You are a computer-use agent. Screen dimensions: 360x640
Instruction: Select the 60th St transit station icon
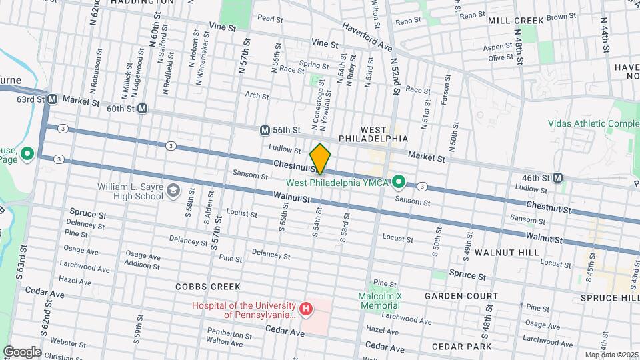(143, 108)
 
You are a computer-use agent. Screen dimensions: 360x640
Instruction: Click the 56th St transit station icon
(265, 129)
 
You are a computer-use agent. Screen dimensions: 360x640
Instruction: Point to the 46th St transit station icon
(558, 177)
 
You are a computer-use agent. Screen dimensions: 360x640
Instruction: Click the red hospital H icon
(305, 309)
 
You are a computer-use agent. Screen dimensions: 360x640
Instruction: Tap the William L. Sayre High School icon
(173, 191)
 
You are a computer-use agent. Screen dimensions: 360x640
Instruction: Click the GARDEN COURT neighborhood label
(462, 295)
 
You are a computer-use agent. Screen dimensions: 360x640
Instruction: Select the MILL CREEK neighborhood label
(515, 21)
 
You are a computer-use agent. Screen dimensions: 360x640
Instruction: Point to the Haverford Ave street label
(367, 37)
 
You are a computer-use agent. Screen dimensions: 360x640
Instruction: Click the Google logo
(22, 351)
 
